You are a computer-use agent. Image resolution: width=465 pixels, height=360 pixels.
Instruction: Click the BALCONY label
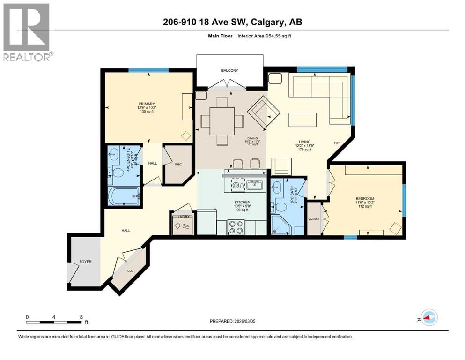(230, 71)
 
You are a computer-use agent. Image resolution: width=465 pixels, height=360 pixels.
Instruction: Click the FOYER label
(85, 262)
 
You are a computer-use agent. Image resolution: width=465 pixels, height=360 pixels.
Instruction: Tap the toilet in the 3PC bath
(282, 207)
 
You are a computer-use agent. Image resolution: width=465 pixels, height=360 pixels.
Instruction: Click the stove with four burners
(236, 227)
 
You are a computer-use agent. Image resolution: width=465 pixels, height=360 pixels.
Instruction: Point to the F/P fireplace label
(336, 142)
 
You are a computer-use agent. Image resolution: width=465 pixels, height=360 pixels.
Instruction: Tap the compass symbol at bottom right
(428, 317)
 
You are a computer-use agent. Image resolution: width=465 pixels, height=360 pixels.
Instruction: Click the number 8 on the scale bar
(81, 317)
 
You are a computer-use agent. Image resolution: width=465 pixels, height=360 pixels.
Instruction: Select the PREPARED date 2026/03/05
(233, 322)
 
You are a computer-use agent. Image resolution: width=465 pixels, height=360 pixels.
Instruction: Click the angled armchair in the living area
(264, 112)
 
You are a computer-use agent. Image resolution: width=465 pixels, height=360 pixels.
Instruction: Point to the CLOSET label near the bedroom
(313, 218)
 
